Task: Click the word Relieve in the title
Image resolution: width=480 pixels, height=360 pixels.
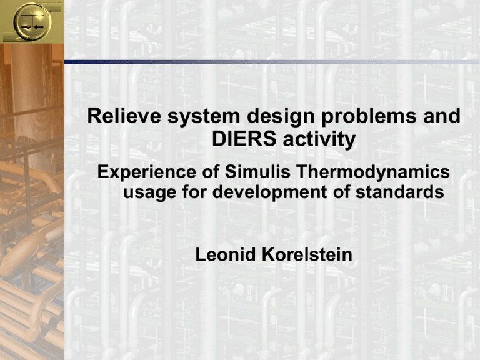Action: (124, 116)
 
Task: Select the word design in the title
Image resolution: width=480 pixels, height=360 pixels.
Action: (281, 117)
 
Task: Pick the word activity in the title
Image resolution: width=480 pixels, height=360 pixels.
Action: (319, 140)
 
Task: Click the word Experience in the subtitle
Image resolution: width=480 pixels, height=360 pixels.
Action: (147, 172)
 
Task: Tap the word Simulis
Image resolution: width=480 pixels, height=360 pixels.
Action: (257, 172)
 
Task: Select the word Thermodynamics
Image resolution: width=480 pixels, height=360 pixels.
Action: (373, 172)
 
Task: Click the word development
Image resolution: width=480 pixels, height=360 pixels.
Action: (269, 192)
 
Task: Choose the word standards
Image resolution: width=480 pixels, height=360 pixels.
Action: (399, 192)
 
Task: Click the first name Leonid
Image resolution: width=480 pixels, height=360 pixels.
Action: (225, 255)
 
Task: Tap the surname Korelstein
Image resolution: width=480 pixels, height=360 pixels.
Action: (307, 255)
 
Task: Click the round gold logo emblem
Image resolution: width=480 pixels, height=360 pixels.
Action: (32, 22)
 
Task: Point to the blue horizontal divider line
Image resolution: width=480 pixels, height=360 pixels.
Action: (272, 62)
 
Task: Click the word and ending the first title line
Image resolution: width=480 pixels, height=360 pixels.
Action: (442, 116)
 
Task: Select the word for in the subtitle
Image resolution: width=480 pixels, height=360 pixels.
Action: (194, 192)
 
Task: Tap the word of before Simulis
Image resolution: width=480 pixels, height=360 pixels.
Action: (211, 172)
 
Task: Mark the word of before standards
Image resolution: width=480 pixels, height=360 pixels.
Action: (341, 192)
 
